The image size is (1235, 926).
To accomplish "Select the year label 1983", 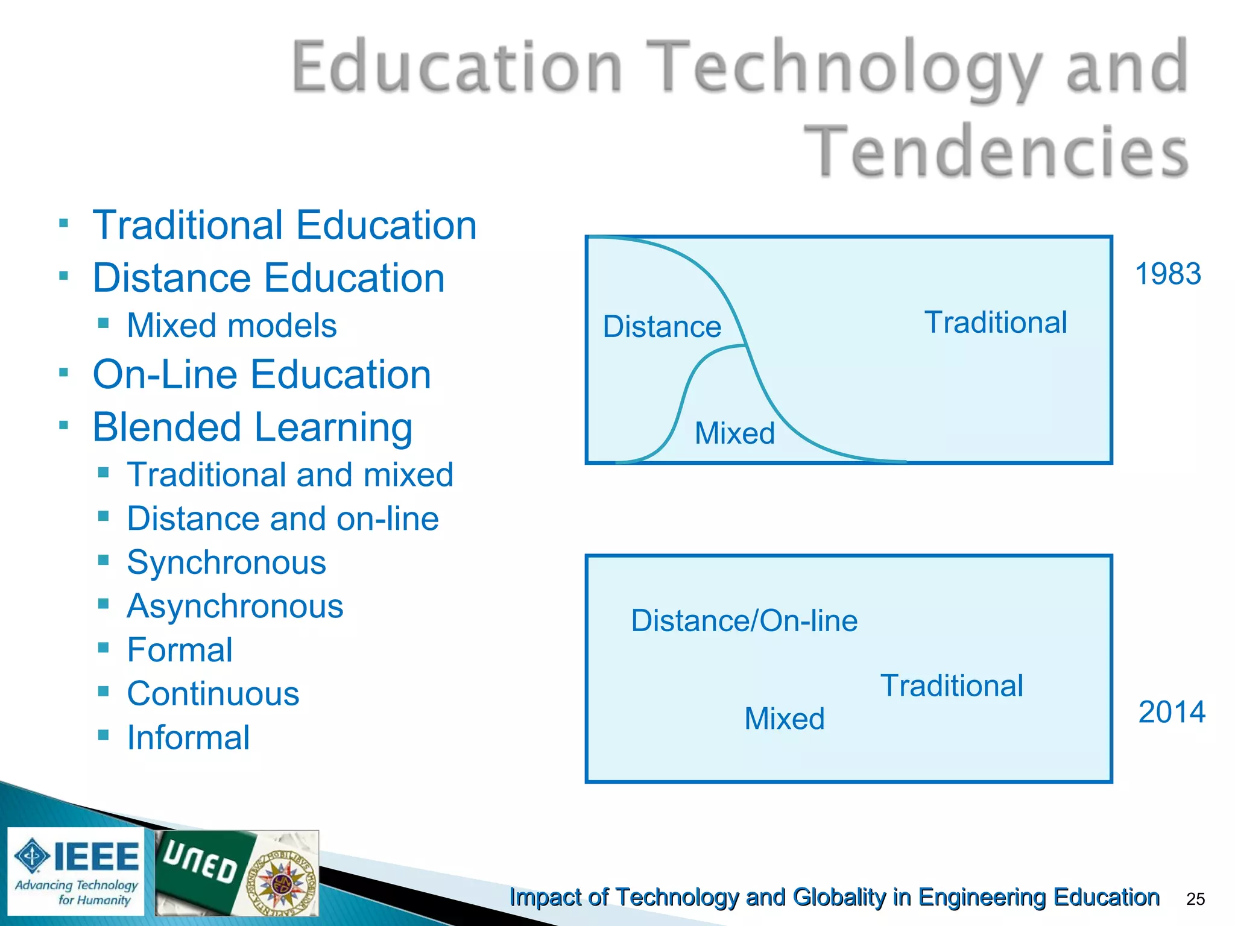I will pyautogui.click(x=1167, y=274).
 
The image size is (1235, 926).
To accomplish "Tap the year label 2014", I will pyautogui.click(x=1171, y=712).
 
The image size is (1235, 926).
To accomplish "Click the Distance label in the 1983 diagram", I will pyautogui.click(x=662, y=327).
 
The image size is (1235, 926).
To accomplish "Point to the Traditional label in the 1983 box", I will pyautogui.click(x=996, y=323).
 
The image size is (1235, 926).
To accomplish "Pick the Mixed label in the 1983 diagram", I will pyautogui.click(x=734, y=433).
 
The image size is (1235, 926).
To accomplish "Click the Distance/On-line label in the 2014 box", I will pyautogui.click(x=744, y=621).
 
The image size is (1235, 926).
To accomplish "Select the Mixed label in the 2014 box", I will pyautogui.click(x=784, y=719).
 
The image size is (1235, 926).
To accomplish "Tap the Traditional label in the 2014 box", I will pyautogui.click(x=952, y=686).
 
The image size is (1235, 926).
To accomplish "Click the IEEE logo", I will pyautogui.click(x=77, y=871).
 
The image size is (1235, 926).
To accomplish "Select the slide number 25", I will pyautogui.click(x=1195, y=899).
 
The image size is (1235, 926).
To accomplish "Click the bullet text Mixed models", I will pyautogui.click(x=232, y=326).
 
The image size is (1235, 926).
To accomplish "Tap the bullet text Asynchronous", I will pyautogui.click(x=235, y=606).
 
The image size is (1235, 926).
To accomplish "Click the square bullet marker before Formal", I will pyautogui.click(x=104, y=647).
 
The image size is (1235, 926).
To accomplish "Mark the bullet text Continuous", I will pyautogui.click(x=213, y=694).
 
